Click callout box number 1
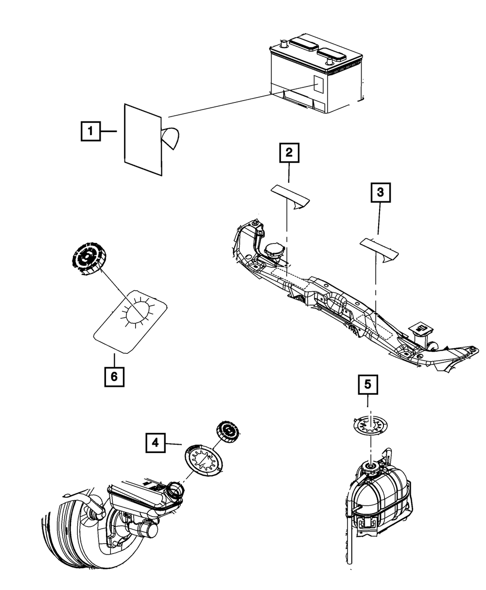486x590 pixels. (90, 131)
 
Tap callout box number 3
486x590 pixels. (381, 192)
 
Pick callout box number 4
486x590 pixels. (155, 442)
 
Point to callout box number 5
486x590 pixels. (368, 384)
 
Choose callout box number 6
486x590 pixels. (114, 376)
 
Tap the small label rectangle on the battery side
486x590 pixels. (318, 85)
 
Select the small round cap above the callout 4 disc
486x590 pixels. (227, 432)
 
